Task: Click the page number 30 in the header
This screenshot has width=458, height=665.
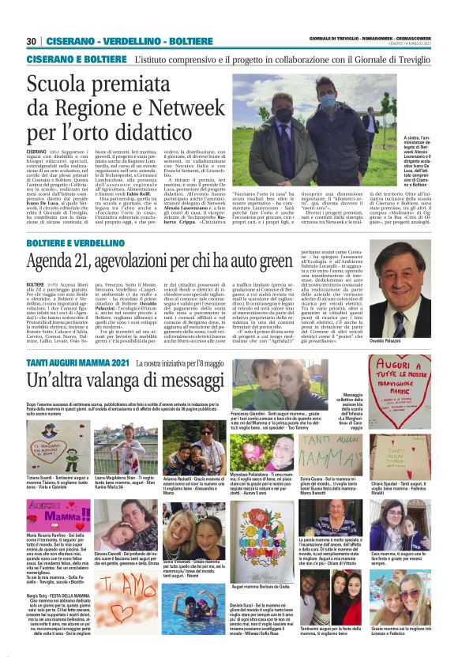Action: (x=32, y=41)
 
